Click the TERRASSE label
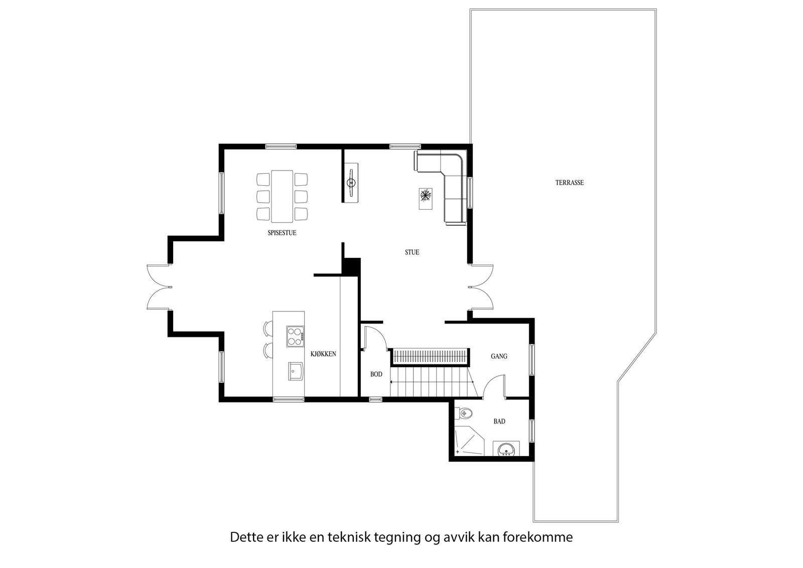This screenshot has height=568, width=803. (x=569, y=183)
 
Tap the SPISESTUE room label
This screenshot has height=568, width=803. (x=282, y=233)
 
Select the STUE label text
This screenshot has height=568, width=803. (x=412, y=252)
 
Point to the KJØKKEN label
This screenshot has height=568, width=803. (x=323, y=354)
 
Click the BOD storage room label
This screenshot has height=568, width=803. (x=376, y=374)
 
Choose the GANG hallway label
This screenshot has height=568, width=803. (x=499, y=356)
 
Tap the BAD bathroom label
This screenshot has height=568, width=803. (x=499, y=421)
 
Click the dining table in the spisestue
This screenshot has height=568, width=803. (x=282, y=196)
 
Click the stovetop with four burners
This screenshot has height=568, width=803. (x=295, y=336)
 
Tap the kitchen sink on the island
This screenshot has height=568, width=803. (x=296, y=371)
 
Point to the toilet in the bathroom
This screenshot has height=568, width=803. (x=465, y=413)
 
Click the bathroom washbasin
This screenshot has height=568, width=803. (x=506, y=450)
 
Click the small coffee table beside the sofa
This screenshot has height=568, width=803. (x=425, y=196)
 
